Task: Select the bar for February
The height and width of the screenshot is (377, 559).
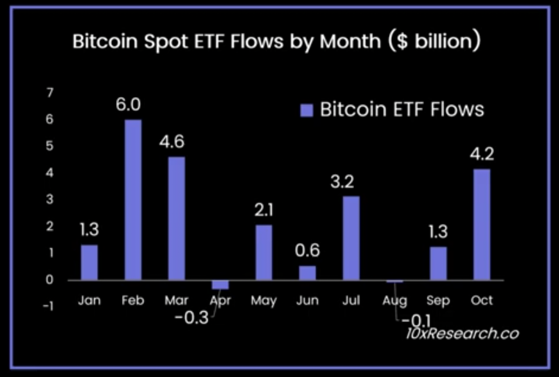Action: (133, 200)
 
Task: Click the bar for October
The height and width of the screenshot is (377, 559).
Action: (482, 224)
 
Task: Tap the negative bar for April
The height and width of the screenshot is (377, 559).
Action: (220, 285)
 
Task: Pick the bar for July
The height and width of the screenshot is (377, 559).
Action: (351, 238)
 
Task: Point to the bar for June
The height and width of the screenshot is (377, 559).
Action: (307, 273)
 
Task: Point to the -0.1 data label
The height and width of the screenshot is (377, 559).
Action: (415, 320)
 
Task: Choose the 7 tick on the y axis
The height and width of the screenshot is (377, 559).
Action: (50, 93)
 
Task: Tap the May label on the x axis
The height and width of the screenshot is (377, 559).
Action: (263, 301)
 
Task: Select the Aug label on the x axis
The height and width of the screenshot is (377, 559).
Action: (395, 301)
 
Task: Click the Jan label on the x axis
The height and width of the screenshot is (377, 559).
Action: (89, 301)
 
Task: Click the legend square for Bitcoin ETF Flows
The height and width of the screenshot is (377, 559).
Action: (307, 110)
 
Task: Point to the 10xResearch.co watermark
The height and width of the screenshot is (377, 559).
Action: (462, 333)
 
